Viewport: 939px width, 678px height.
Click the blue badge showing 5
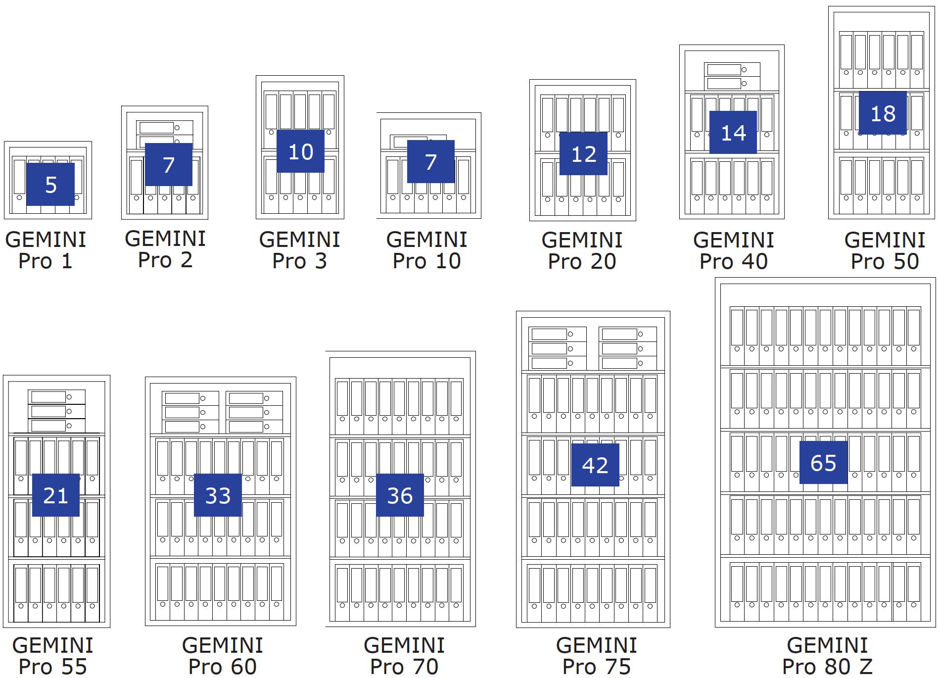coord(50,185)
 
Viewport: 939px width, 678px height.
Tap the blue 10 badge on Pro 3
coord(300,151)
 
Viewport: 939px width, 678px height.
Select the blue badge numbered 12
coord(583,154)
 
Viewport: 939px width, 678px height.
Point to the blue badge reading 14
coord(733,133)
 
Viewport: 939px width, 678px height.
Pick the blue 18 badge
coord(883,113)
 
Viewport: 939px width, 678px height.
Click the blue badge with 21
coord(55,495)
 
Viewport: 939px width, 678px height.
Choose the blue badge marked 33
coord(218,495)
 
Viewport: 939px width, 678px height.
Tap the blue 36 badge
coord(400,495)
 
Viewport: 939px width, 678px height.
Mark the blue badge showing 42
coord(595,465)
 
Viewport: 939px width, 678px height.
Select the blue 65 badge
coord(823,463)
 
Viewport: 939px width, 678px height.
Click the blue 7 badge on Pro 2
coord(169,165)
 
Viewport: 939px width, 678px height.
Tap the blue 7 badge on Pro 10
coord(431,162)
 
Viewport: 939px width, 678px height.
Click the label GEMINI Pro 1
coord(46,250)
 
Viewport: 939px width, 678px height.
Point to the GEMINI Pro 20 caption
coord(582,251)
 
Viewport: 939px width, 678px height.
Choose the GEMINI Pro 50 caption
coord(885,251)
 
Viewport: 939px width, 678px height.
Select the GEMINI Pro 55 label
coord(53,656)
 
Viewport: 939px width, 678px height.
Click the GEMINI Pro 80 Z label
coord(827,656)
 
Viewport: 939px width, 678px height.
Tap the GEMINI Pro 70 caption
coord(404,656)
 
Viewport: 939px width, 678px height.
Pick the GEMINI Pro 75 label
coord(596,656)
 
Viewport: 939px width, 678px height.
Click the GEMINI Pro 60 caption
coord(223,656)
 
